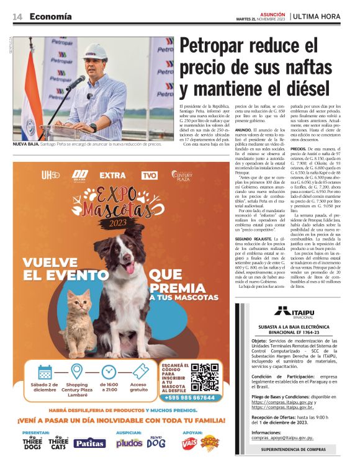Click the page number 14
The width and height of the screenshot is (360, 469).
click(17, 16)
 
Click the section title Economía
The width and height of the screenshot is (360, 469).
click(50, 16)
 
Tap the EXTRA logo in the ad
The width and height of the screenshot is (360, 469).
click(112, 176)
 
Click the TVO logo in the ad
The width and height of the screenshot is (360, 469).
click(148, 176)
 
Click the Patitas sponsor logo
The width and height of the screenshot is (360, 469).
click(90, 443)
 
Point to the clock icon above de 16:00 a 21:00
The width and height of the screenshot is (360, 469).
click(109, 372)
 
